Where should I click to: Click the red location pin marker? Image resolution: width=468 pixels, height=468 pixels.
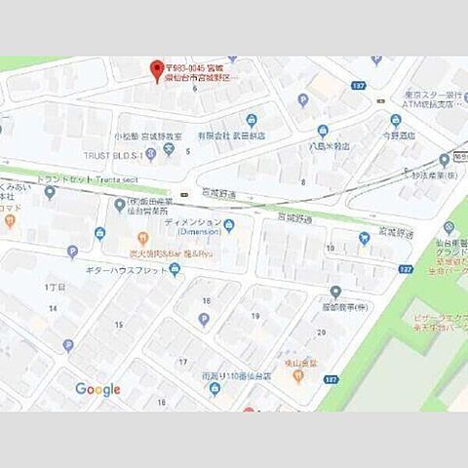(155, 69)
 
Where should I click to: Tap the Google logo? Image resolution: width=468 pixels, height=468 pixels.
(97, 389)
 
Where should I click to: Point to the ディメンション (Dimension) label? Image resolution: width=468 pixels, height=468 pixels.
(192, 227)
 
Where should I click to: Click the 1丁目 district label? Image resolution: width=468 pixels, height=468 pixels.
(54, 288)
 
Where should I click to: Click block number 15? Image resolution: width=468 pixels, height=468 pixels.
(118, 324)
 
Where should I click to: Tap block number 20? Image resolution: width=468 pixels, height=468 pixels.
(321, 332)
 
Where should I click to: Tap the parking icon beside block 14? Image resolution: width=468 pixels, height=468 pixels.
(68, 344)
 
